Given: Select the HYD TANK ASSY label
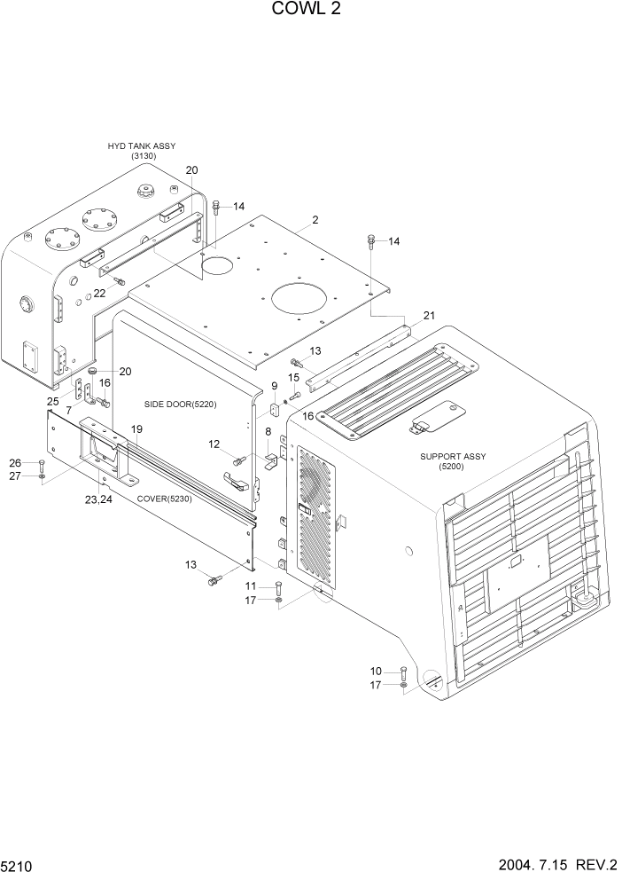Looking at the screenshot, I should point(142,145).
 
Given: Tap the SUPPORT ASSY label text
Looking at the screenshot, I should point(453,457).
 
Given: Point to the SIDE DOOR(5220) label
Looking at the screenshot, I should point(180,405).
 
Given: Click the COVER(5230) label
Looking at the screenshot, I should point(165,498).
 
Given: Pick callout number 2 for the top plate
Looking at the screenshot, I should point(315,220).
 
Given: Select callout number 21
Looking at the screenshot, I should point(429,316).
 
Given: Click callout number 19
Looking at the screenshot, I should point(136,429).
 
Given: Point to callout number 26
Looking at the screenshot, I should point(14,462).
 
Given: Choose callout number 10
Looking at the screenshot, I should point(376,671).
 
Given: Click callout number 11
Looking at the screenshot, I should point(251,585).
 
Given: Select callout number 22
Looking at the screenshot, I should point(99,294).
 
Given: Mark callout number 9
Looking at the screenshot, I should point(275,386).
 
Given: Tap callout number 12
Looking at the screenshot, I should point(214,444).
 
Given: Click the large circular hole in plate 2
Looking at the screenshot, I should point(306,298).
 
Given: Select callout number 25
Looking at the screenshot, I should point(53,402).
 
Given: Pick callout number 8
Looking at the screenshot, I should point(268,431).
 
